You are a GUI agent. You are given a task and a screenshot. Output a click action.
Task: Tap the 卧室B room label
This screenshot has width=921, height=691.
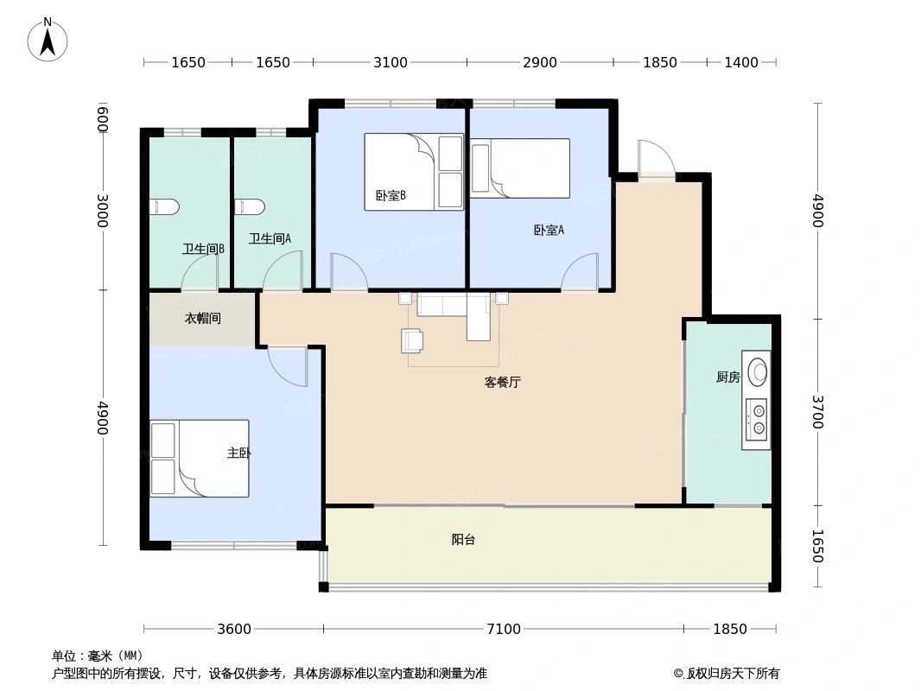[x=391, y=195]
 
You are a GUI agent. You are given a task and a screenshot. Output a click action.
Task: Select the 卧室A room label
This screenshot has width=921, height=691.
[x=549, y=230]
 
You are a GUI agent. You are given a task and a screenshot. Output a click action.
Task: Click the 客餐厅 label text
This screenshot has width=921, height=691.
[x=502, y=382]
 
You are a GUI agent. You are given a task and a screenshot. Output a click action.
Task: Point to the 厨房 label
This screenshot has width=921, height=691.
[x=728, y=377]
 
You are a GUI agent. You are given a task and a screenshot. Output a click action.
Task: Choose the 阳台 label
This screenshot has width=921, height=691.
[x=463, y=540]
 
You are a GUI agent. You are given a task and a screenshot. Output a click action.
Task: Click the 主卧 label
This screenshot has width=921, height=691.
[x=238, y=453]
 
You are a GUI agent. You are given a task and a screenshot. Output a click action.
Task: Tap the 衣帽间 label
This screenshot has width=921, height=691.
[x=203, y=318]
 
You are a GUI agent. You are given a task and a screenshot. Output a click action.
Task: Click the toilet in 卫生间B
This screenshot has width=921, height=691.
[x=164, y=206]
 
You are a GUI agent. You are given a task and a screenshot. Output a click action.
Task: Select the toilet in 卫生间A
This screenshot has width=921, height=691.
[x=250, y=206]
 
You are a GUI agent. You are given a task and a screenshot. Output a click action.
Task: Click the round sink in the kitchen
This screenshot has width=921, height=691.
[x=758, y=372]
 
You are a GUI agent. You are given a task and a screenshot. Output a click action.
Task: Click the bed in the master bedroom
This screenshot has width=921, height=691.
[x=200, y=458]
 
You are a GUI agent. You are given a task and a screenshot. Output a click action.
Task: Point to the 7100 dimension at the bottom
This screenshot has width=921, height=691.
[x=504, y=629]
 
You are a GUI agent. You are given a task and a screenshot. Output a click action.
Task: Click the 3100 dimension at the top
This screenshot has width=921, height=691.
[x=390, y=62]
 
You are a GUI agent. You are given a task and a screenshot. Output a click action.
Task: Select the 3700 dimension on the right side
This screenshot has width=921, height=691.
[x=817, y=412]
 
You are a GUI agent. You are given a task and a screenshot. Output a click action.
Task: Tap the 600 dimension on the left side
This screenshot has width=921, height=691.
[x=103, y=118]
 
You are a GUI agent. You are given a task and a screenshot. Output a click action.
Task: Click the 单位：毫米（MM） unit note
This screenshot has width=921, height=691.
[x=98, y=656]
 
